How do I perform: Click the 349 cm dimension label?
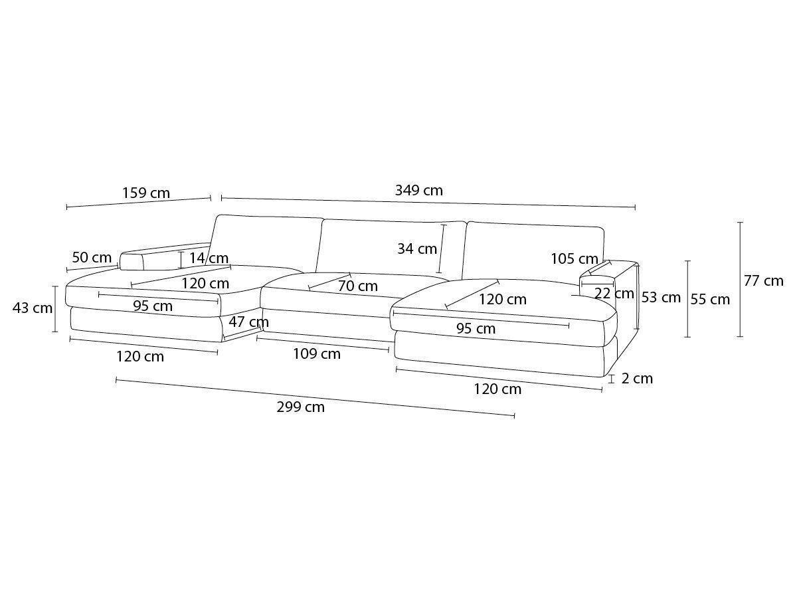pos(418,191)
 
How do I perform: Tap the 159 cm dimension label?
pos(146,193)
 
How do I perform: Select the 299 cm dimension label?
pos(301,407)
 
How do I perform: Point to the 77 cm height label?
pos(764,281)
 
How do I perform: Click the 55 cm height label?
pos(710,299)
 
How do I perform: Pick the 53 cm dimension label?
pos(661,298)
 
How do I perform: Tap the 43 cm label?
pos(33,308)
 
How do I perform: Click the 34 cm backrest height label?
pos(417,249)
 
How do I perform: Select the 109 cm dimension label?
pos(317,353)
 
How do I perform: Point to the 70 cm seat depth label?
pos(358,286)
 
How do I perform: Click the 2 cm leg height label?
pos(637,378)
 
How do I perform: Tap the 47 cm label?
pos(248,322)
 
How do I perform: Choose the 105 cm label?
pos(575,259)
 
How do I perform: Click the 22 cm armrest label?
pos(614,294)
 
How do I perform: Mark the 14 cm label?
pos(209,258)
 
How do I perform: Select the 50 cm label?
pos(92,257)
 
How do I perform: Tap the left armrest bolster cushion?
pos(132,261)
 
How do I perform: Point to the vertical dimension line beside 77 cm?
pos(741,280)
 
